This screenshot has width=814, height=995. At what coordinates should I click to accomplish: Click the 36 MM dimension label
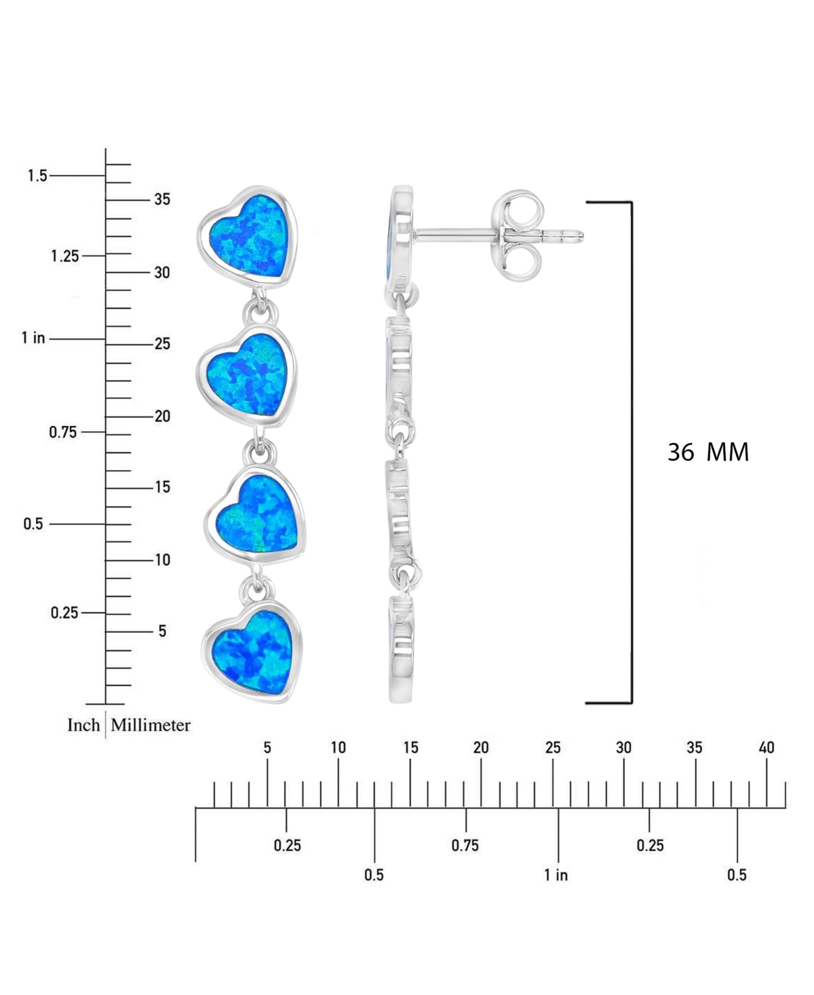tap(708, 452)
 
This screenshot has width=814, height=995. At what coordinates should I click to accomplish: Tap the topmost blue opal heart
tap(248, 237)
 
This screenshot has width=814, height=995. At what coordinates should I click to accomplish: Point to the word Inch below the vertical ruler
tap(83, 725)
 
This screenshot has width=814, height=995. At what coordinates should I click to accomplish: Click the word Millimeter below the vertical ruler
tap(151, 725)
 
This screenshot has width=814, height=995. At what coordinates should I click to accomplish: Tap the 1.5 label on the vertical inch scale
tap(37, 176)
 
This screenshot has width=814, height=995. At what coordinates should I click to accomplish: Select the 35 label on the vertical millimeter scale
tap(162, 199)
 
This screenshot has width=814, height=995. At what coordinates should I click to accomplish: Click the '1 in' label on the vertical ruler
tap(33, 338)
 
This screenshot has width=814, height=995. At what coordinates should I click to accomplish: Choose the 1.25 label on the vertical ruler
tap(65, 256)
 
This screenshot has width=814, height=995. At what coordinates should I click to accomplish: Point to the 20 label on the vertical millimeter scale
tap(162, 416)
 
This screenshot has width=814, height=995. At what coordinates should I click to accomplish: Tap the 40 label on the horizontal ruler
tap(767, 748)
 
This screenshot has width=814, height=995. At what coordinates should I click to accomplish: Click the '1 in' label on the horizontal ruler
tap(556, 875)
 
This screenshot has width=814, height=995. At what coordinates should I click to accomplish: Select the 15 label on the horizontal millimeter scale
tap(410, 748)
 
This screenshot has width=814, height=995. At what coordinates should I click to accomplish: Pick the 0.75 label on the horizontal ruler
tap(465, 845)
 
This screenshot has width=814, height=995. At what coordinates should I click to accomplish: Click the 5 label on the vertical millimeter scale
tap(162, 631)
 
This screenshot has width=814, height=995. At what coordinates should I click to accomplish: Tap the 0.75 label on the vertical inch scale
tap(63, 432)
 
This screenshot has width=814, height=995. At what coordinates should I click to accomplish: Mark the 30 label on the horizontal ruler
tap(623, 748)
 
